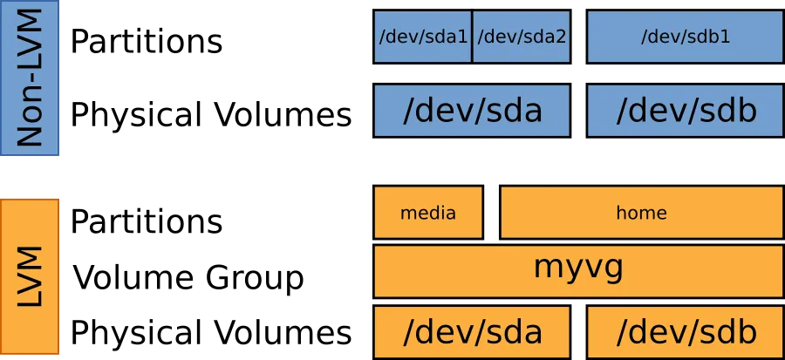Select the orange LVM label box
[x=29, y=275]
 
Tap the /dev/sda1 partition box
[x=423, y=37]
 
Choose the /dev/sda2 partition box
[x=522, y=37]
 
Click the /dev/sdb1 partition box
[x=685, y=37]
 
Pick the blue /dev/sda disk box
[x=472, y=111]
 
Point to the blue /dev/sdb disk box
[x=685, y=111]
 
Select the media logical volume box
[x=427, y=212]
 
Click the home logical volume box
[x=641, y=212]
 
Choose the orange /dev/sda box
[x=472, y=332]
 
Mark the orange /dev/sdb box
[x=685, y=332]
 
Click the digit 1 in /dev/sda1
[x=465, y=37]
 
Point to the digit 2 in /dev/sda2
[x=563, y=37]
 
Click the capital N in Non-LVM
[x=31, y=132]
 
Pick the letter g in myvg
[x=614, y=268]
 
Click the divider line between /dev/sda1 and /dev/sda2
[x=472, y=37]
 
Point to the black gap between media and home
[x=491, y=212]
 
